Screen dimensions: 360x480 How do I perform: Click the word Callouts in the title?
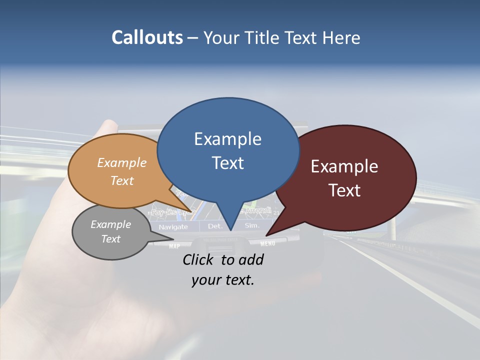point(147,37)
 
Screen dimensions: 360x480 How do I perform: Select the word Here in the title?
point(341,37)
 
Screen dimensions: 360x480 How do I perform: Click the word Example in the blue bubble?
point(227,139)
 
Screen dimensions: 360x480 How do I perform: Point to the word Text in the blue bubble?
point(227,162)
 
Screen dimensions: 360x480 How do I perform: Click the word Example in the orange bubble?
point(122,162)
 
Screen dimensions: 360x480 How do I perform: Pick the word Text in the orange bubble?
point(122,180)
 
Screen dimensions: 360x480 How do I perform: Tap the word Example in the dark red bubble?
point(344,166)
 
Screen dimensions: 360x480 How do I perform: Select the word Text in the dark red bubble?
point(344,190)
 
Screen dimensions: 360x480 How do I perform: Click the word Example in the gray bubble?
point(110,224)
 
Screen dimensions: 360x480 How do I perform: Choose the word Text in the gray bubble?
point(110,239)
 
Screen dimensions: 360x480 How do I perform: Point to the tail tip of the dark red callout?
point(266,235)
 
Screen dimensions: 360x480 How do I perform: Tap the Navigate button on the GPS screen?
point(173,227)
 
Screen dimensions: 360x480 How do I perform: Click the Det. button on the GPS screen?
point(215,226)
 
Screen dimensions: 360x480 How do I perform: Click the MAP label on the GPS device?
point(174,246)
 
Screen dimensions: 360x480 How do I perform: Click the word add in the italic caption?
point(251,259)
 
